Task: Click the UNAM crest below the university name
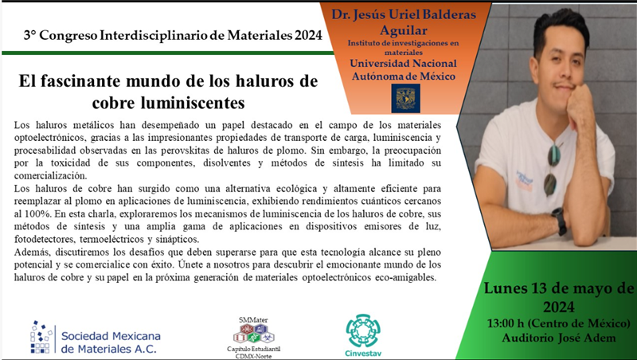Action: [x=405, y=98]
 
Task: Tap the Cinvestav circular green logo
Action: [x=363, y=331]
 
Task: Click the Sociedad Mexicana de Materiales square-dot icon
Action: [x=41, y=336]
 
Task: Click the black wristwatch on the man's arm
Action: [x=559, y=221]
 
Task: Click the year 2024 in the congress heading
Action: [x=308, y=36]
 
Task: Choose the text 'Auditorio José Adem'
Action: [x=559, y=338]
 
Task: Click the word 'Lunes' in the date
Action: [x=505, y=288]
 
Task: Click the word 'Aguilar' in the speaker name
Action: [x=404, y=30]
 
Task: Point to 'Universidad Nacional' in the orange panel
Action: [x=403, y=64]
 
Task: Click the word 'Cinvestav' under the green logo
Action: [x=363, y=353]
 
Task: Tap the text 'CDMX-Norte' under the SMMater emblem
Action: [x=254, y=356]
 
